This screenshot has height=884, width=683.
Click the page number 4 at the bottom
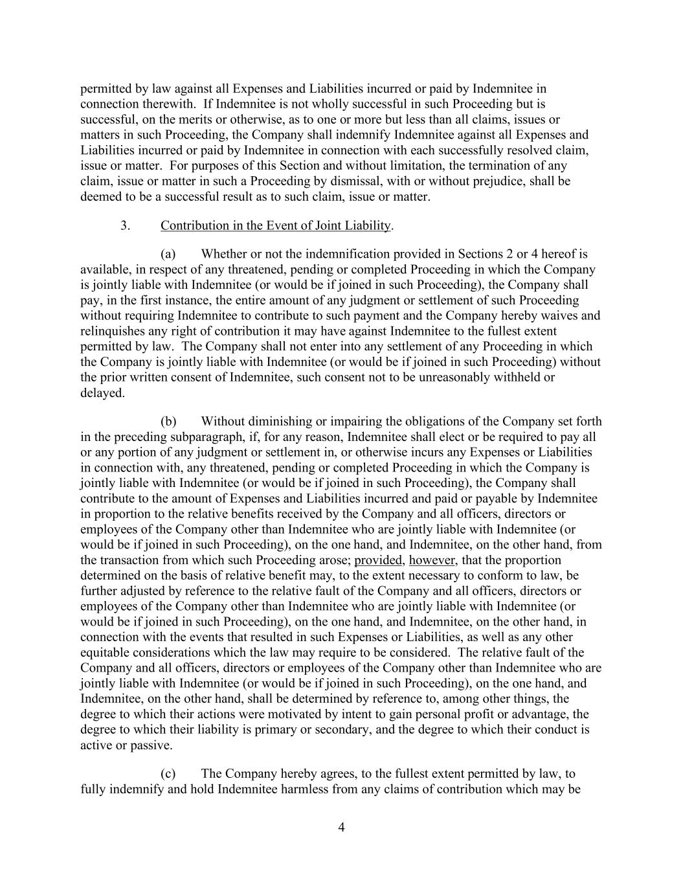pyautogui.click(x=341, y=827)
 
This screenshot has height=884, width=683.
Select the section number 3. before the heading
pyautogui.click(x=126, y=225)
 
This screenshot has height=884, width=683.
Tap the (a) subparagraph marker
pyautogui.click(x=168, y=254)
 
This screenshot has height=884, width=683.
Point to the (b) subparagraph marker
pyautogui.click(x=168, y=422)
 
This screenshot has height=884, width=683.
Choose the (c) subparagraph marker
pyautogui.click(x=168, y=774)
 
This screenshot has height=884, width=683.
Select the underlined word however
pyautogui.click(x=432, y=560)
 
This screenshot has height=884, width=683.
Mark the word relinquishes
pyautogui.click(x=114, y=332)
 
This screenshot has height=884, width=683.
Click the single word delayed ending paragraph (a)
pyautogui.click(x=102, y=393)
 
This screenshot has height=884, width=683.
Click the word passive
pyautogui.click(x=153, y=745)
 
